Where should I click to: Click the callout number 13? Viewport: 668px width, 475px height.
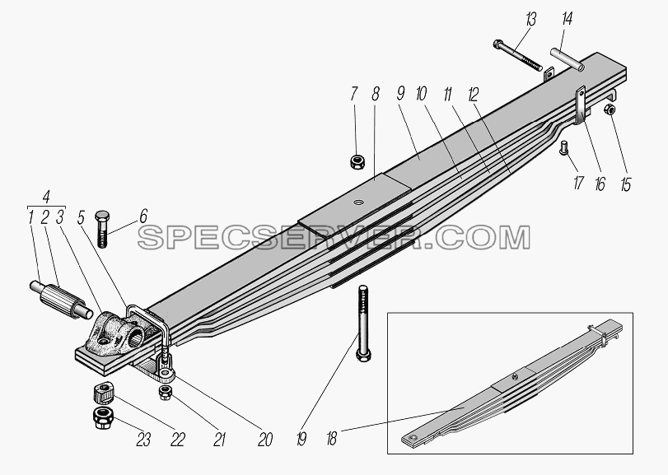point(530,20)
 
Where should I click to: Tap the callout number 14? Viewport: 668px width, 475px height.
point(567,20)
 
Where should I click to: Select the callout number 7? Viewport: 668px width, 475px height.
point(354,95)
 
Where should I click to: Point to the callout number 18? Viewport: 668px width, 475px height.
point(332,439)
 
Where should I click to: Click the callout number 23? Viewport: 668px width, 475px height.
point(143,440)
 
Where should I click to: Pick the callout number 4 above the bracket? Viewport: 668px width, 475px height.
point(46,197)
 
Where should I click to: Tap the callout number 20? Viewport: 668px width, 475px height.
point(264,440)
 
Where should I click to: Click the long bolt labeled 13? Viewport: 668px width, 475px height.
point(517,55)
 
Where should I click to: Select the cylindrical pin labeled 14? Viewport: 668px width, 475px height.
point(567,60)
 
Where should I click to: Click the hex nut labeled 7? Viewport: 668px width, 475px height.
point(356,161)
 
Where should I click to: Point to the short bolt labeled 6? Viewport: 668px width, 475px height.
point(102,229)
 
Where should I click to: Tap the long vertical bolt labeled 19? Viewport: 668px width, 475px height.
point(362,324)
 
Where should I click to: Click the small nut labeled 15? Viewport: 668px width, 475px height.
point(610,109)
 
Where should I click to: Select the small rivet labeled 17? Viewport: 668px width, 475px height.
point(563,147)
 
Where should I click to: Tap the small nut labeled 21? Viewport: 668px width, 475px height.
point(165,393)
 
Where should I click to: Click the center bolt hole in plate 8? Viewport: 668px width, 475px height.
point(360,202)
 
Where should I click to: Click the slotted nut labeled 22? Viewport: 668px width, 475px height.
point(103,393)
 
